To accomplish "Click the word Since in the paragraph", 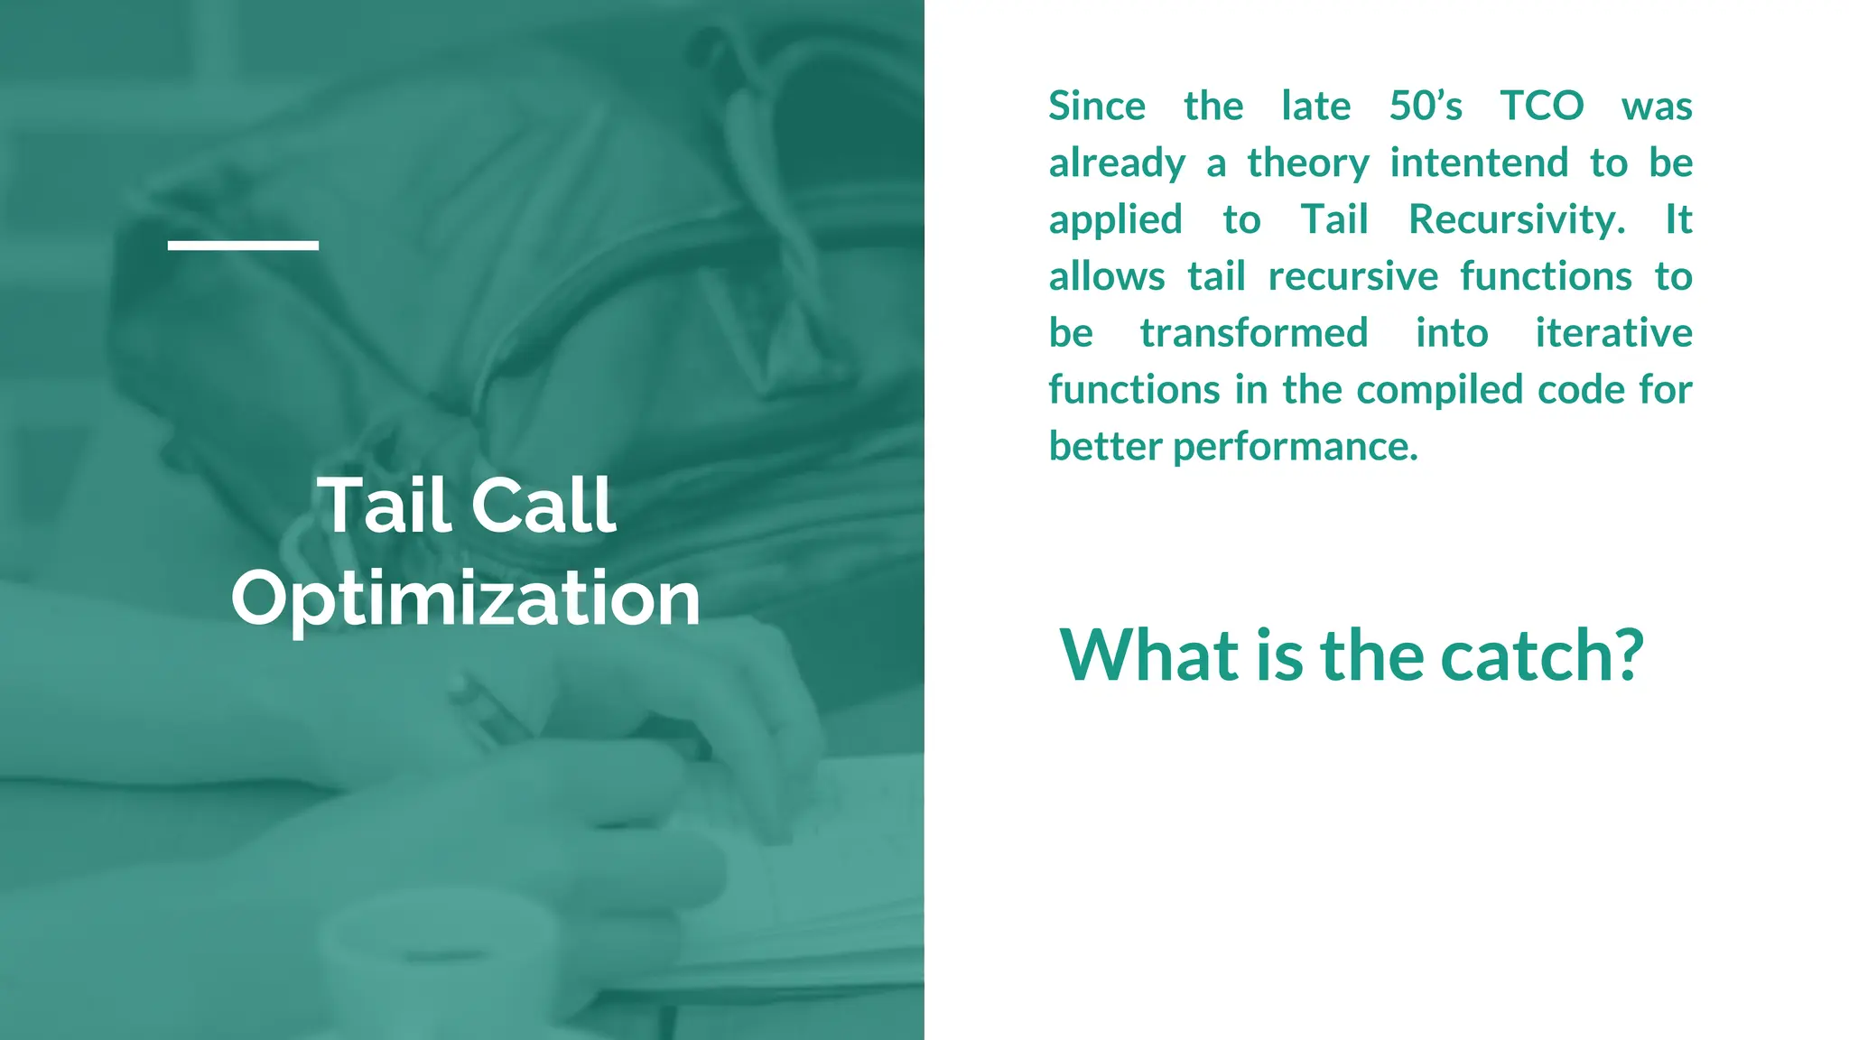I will (x=1096, y=107).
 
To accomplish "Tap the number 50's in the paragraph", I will (x=1425, y=107).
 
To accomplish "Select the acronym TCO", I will (x=1541, y=107).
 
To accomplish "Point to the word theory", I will (x=1308, y=164).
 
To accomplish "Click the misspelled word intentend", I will (x=1478, y=163).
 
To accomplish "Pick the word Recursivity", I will (x=1516, y=220).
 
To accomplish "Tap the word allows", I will (x=1106, y=276).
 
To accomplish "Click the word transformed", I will (x=1253, y=333).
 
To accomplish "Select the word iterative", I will (x=1613, y=333).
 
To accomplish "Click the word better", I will (x=1105, y=447).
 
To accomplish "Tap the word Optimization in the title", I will (x=466, y=599).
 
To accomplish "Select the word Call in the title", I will (x=544, y=506).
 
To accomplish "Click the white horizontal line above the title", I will (x=243, y=245).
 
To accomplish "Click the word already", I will (x=1116, y=164).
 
